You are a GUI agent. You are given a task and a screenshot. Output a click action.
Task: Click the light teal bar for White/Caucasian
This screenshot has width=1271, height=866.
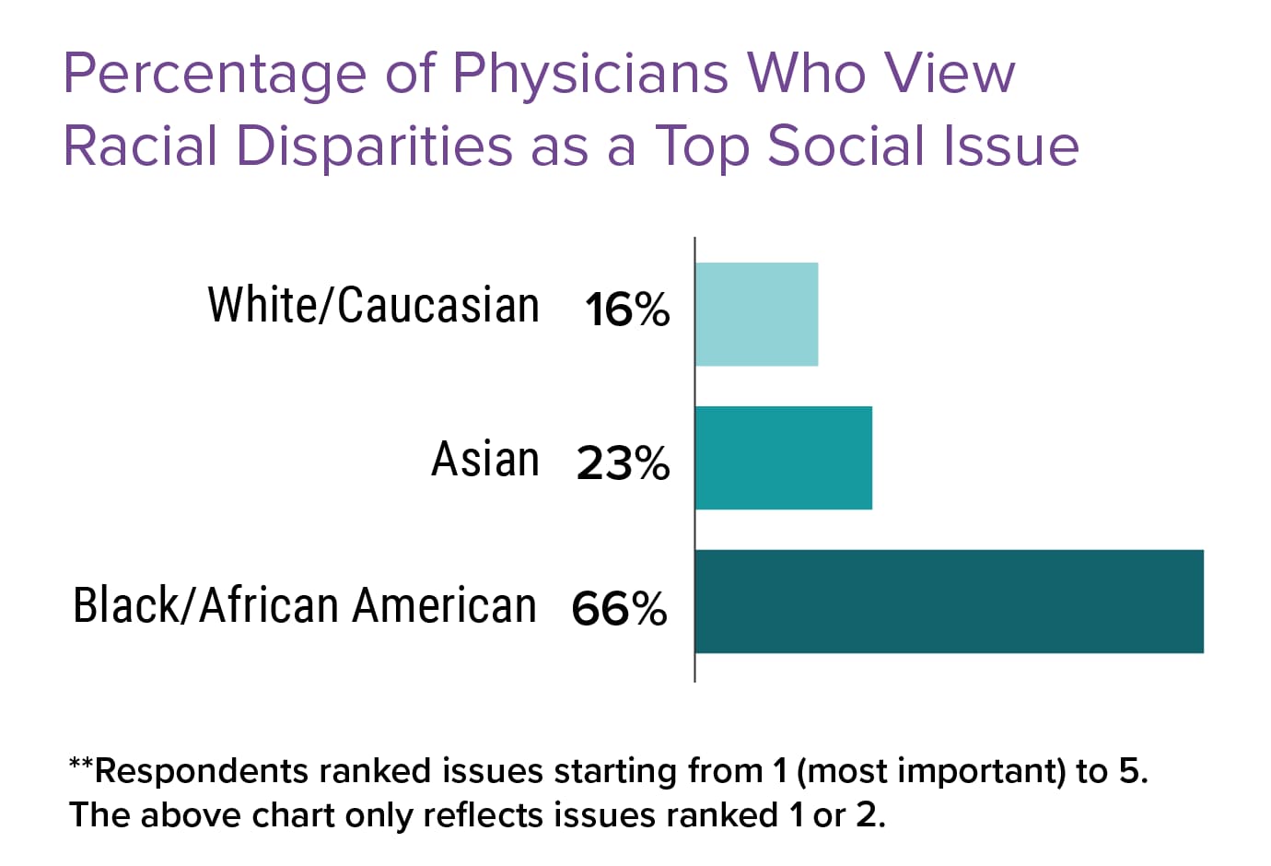click(756, 314)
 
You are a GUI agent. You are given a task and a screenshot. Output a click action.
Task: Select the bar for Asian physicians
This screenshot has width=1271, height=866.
click(783, 458)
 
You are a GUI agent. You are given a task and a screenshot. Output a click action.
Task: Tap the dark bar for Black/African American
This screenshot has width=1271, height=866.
click(949, 602)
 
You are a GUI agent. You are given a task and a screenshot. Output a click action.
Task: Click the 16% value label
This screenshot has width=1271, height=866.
click(626, 310)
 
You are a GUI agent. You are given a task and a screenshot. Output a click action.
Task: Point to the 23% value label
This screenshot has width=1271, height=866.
click(623, 462)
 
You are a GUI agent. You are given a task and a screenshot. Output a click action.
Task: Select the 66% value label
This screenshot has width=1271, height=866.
click(619, 608)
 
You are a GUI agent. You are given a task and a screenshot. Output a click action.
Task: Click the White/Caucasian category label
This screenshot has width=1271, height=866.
click(373, 305)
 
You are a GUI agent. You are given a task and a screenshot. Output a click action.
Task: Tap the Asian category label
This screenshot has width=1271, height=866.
click(485, 459)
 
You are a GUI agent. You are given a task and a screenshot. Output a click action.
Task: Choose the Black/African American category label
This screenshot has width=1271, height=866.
click(305, 605)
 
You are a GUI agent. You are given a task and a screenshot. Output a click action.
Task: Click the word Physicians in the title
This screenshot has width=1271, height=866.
click(590, 74)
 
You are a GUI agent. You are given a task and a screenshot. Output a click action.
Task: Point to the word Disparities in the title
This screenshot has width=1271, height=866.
click(374, 146)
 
